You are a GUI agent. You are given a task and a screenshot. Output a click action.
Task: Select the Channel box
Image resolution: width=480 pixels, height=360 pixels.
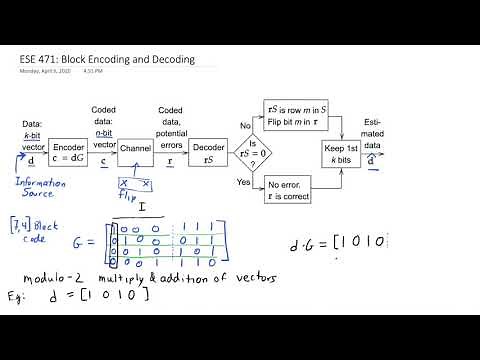[x=135, y=148]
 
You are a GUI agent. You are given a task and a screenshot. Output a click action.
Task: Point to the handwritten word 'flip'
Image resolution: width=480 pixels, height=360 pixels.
[x=129, y=196]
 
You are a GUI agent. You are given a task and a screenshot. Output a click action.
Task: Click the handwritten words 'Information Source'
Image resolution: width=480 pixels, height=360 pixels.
[x=40, y=188]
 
